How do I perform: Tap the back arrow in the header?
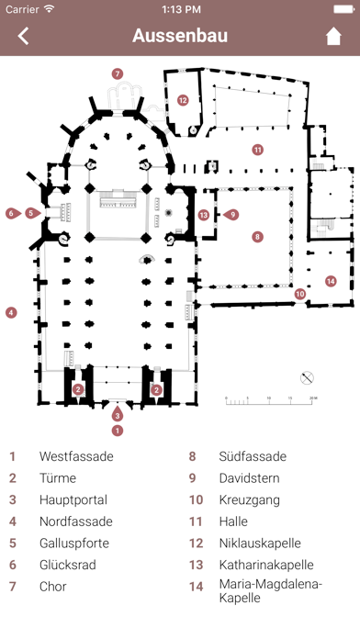(x=23, y=37)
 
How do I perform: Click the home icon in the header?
(x=333, y=37)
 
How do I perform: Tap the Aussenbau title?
(x=180, y=36)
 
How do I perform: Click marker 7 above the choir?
(x=118, y=73)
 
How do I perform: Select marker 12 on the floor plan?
(x=183, y=100)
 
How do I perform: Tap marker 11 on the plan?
(x=257, y=150)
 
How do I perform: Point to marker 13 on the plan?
(x=204, y=215)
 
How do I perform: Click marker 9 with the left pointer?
(x=231, y=214)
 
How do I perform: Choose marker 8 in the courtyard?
(x=257, y=236)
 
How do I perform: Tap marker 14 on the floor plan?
(x=331, y=281)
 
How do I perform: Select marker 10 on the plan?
(x=300, y=294)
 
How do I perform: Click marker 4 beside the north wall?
(x=11, y=313)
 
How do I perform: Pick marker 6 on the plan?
(x=13, y=213)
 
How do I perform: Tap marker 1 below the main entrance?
(x=118, y=431)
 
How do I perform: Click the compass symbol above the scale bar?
(x=307, y=378)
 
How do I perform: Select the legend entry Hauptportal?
(x=73, y=500)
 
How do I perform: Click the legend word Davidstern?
(x=250, y=478)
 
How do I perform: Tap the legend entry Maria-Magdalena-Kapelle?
(x=271, y=591)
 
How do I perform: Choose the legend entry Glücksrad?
(x=68, y=565)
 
